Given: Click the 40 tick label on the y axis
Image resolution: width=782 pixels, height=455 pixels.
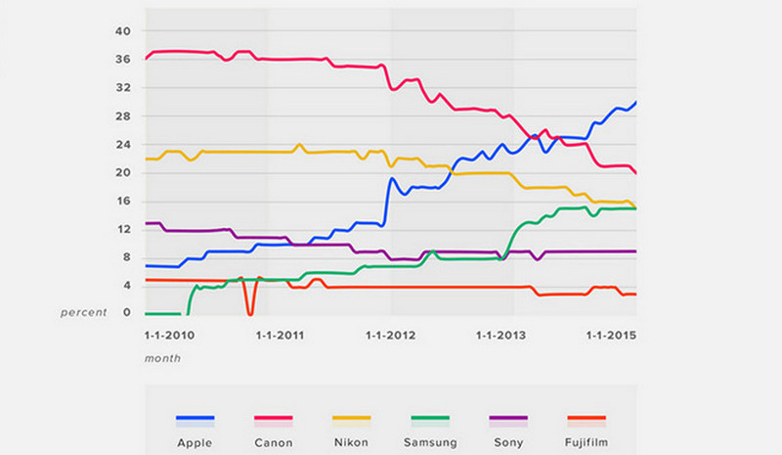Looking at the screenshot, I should pyautogui.click(x=123, y=31).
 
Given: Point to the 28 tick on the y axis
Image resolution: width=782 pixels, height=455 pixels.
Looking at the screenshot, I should pyautogui.click(x=123, y=116).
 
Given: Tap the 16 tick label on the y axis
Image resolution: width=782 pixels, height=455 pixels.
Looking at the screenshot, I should pyautogui.click(x=123, y=202).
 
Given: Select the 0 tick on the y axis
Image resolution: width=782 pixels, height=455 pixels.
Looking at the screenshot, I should pyautogui.click(x=126, y=313).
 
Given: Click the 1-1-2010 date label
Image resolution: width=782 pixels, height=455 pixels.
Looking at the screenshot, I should pyautogui.click(x=169, y=336).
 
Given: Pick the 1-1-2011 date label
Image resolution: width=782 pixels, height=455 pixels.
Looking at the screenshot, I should pyautogui.click(x=280, y=336).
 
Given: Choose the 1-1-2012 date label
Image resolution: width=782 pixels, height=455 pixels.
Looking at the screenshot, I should pyautogui.click(x=390, y=336).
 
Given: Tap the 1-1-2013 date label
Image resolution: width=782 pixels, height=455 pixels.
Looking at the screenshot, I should pyautogui.click(x=500, y=336).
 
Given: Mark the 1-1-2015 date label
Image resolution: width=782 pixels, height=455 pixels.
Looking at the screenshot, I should pyautogui.click(x=611, y=336).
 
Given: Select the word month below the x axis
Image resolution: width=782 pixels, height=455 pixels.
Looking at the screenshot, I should pyautogui.click(x=162, y=358).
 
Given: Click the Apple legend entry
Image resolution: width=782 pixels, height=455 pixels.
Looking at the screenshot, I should pyautogui.click(x=195, y=442).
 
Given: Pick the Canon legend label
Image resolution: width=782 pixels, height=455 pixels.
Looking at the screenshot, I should pyautogui.click(x=273, y=442).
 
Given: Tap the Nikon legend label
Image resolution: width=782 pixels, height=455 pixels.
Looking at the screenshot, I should pyautogui.click(x=351, y=442).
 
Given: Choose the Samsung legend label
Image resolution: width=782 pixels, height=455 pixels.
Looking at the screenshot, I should pyautogui.click(x=429, y=442).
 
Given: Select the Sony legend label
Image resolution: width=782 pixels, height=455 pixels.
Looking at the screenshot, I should pyautogui.click(x=507, y=442).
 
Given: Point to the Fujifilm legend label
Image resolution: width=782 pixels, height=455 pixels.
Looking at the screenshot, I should pyautogui.click(x=586, y=442).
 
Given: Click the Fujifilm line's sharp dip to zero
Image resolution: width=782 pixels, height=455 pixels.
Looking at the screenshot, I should pyautogui.click(x=250, y=313).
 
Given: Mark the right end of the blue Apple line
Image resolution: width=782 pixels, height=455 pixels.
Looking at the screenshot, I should pyautogui.click(x=636, y=102).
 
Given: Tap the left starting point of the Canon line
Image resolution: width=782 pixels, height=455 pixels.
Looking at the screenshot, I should pyautogui.click(x=146, y=59).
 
